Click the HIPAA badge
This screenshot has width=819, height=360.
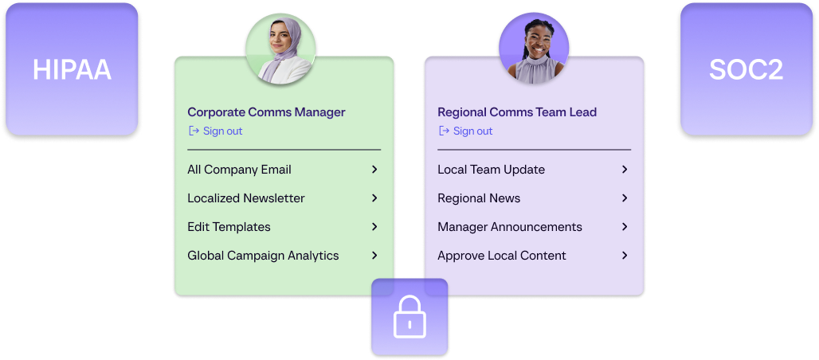[x=72, y=69]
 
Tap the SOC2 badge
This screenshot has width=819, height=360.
[x=747, y=69]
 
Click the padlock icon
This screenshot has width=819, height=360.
[x=409, y=317]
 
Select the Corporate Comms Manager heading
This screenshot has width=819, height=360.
[x=266, y=112]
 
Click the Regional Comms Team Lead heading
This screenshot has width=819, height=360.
[x=517, y=112]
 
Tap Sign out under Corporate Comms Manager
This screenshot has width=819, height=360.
[x=215, y=131]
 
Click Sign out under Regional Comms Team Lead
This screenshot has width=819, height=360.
[x=465, y=131]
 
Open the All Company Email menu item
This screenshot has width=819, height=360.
[x=239, y=170]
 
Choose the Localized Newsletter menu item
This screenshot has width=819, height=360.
[x=246, y=198]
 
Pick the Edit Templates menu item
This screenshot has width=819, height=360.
[x=229, y=227]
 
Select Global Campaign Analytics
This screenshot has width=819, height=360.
[x=263, y=256]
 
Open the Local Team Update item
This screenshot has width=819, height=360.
[x=491, y=170]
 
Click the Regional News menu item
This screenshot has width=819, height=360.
[x=479, y=198]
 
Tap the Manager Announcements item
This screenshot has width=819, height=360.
[x=510, y=227]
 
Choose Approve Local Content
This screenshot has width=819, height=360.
[x=502, y=256]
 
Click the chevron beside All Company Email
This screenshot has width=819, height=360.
[x=374, y=170]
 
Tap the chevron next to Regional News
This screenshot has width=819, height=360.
[x=625, y=198]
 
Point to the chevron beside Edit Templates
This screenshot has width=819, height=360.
[x=374, y=227]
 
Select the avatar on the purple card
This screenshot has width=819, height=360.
[x=534, y=48]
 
